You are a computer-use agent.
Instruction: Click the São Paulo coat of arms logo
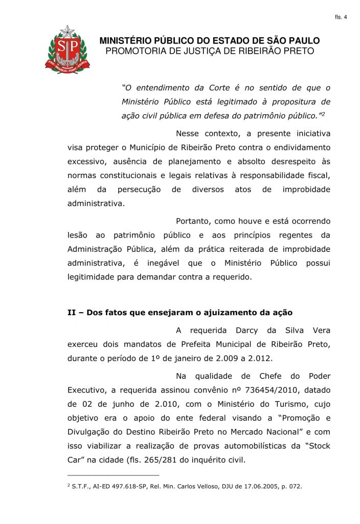pyautogui.click(x=67, y=50)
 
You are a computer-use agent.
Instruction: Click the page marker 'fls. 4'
pyautogui.click(x=341, y=17)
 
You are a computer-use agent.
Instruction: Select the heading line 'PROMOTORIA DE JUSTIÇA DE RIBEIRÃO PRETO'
pyautogui.click(x=209, y=51)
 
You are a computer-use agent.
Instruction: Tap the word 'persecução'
pyautogui.click(x=139, y=189)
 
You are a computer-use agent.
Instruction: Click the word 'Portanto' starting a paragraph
pyautogui.click(x=193, y=222)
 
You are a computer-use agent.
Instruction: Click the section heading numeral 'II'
pyautogui.click(x=72, y=312)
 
